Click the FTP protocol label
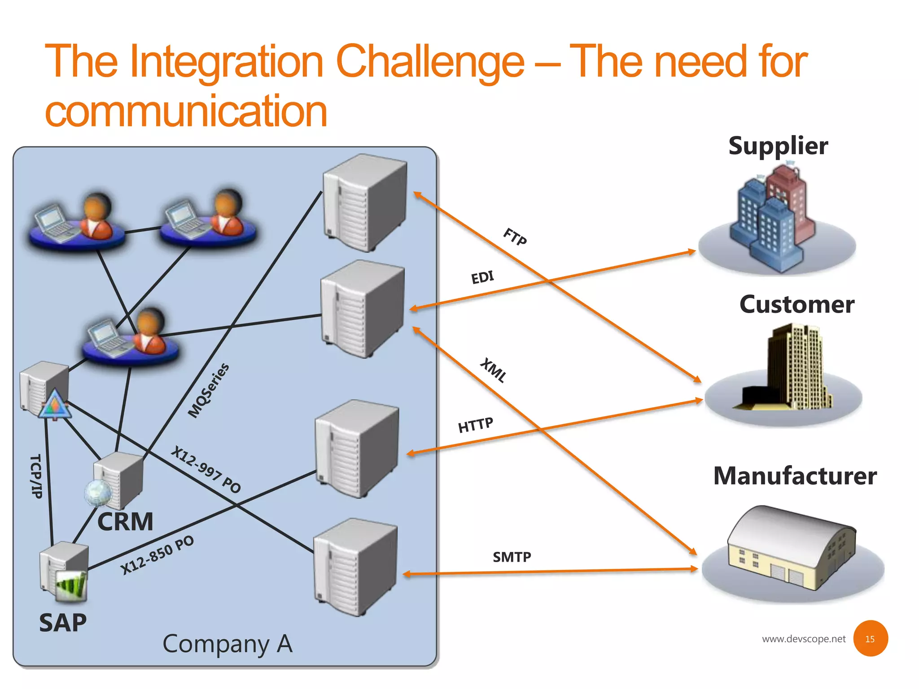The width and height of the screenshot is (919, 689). click(x=515, y=236)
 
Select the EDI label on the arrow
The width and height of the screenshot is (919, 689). click(x=482, y=277)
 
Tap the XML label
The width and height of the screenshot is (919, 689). click(x=494, y=370)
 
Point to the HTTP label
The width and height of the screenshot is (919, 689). click(x=476, y=425)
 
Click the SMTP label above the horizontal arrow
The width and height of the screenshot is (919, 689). click(x=512, y=557)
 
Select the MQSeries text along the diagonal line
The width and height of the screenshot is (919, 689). click(x=208, y=390)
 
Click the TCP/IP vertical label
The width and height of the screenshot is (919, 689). click(x=36, y=476)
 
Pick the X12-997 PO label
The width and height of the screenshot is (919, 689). click(x=206, y=469)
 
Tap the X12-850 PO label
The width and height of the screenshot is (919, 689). click(x=158, y=555)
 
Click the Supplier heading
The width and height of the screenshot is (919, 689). click(x=778, y=146)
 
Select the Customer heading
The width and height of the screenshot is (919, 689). click(x=796, y=305)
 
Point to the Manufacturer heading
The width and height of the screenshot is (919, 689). click(x=795, y=476)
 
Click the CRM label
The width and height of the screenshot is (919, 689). click(x=125, y=522)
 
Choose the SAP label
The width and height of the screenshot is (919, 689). click(x=63, y=623)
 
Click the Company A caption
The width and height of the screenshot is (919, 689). click(x=228, y=644)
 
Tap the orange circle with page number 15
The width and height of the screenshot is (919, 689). click(x=870, y=639)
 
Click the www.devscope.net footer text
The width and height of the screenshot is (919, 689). click(x=803, y=639)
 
